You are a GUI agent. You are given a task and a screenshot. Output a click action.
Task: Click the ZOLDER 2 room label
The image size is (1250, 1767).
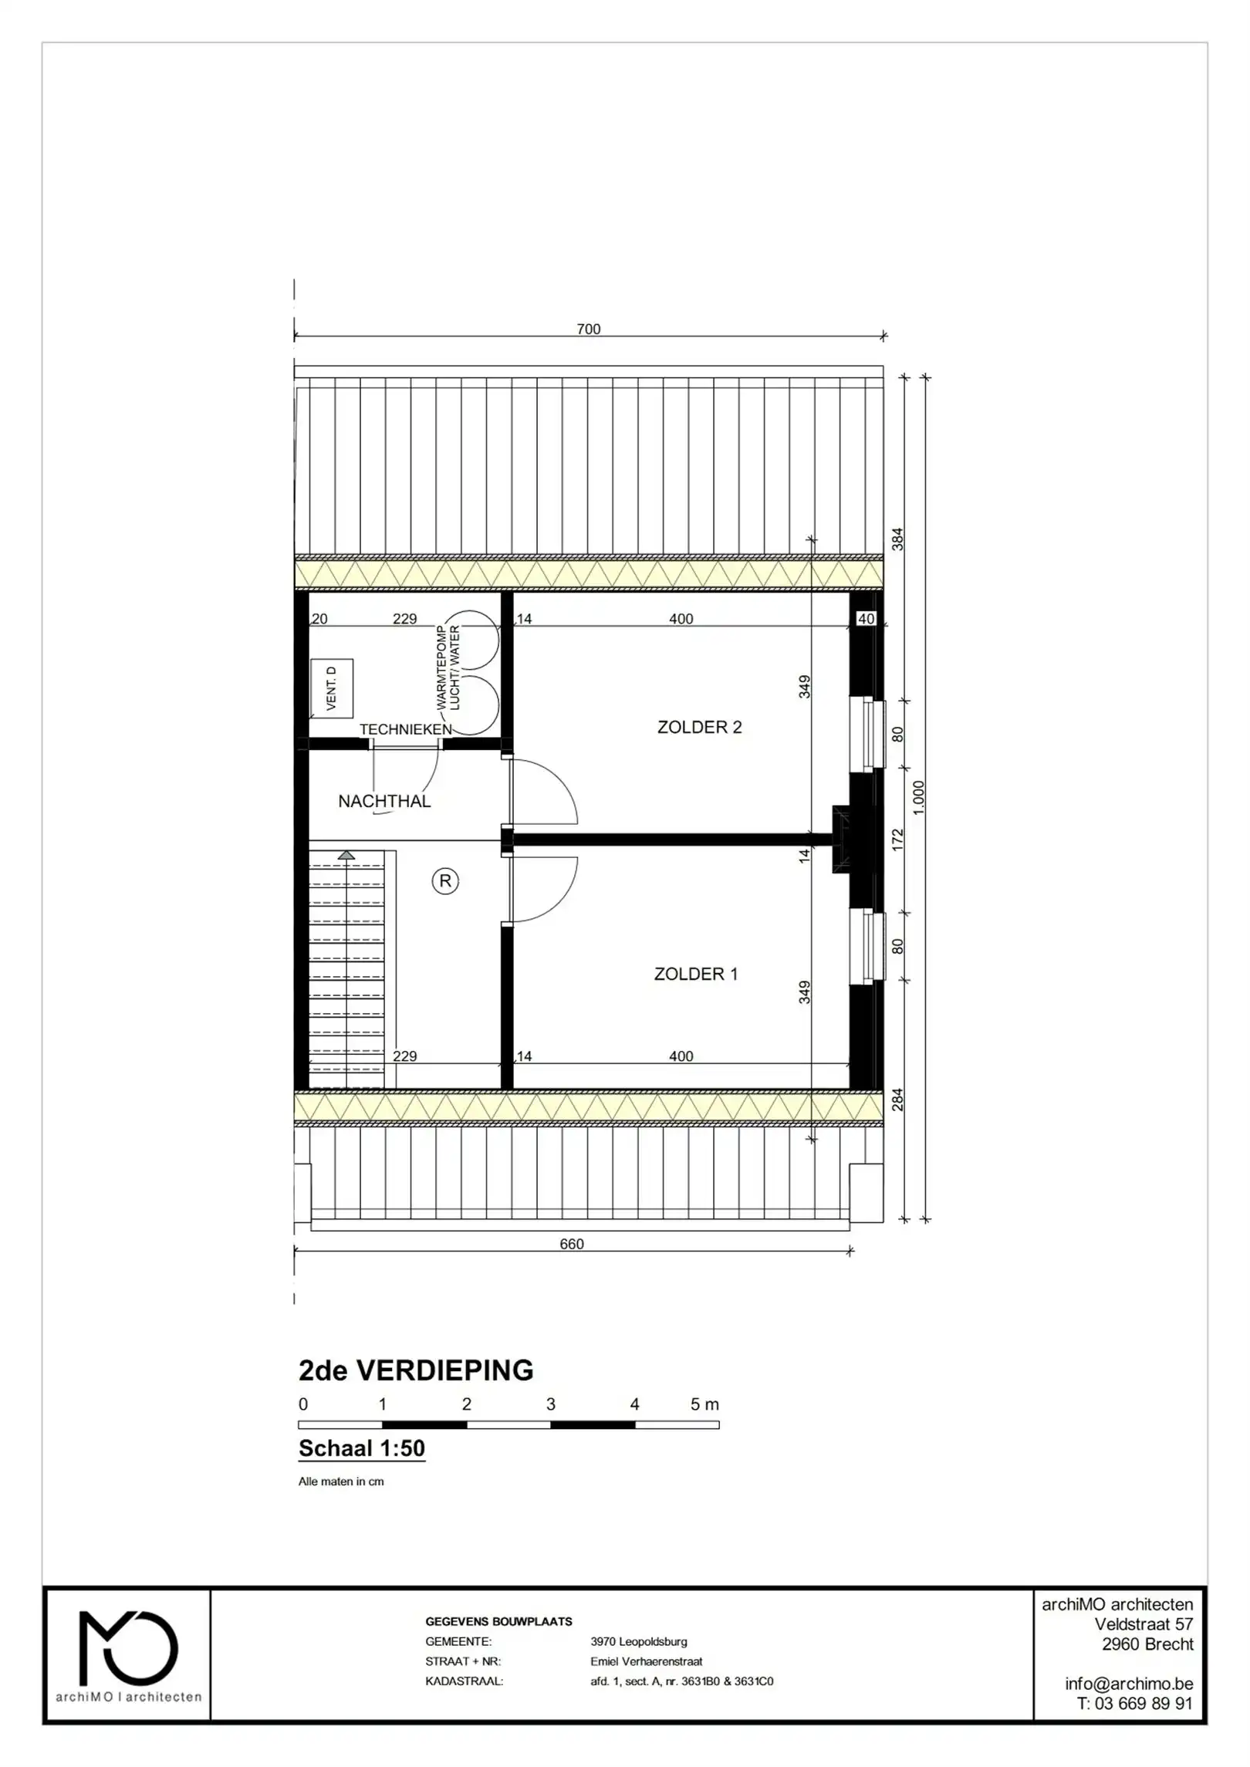[x=698, y=727]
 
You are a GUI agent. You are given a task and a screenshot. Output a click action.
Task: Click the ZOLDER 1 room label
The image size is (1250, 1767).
[x=695, y=974]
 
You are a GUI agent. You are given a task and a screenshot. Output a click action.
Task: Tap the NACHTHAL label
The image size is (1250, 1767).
[x=384, y=801]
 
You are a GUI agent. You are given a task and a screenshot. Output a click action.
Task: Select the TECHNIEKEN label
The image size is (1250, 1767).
[x=405, y=729]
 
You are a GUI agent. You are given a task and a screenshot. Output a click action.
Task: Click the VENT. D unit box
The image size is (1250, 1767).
[x=332, y=688]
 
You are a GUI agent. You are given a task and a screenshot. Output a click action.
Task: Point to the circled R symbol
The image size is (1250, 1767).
[x=445, y=880]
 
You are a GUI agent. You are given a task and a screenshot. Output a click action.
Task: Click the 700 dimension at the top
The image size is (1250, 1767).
[x=588, y=329]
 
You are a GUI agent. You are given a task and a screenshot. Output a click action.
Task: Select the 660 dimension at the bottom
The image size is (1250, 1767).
[x=571, y=1244]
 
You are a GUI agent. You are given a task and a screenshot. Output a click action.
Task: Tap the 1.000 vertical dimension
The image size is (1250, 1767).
[x=918, y=797]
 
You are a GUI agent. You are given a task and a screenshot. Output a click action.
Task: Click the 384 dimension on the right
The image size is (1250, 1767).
[x=897, y=539]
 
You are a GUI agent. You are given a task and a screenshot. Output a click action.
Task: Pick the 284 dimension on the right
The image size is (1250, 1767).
[x=897, y=1100]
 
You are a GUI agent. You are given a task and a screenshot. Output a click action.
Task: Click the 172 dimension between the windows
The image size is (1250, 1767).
[x=897, y=840]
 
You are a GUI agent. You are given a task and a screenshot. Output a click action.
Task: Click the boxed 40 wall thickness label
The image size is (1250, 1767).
[x=866, y=619]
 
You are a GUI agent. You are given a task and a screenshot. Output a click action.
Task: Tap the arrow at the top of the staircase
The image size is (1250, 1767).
[x=346, y=855]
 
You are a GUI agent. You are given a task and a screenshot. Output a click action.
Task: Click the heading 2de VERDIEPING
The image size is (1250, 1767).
[x=415, y=1370]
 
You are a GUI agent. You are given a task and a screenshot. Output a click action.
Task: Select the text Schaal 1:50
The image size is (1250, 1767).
[x=361, y=1448]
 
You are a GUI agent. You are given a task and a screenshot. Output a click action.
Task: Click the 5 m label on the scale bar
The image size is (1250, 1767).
[x=704, y=1404]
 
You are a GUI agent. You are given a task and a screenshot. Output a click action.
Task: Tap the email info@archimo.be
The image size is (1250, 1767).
[x=1128, y=1684]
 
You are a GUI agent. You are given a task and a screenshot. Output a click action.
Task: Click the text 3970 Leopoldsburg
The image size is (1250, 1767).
[x=638, y=1642]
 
